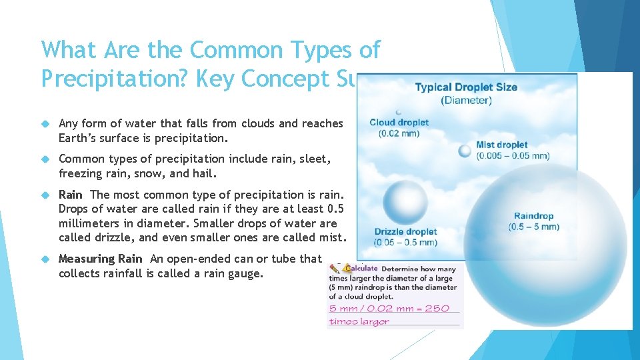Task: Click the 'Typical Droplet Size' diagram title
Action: click(x=466, y=87)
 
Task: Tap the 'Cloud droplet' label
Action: click(x=399, y=122)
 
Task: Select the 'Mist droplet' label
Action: click(x=501, y=145)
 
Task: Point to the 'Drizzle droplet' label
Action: click(x=405, y=232)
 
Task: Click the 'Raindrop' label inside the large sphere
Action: click(x=533, y=216)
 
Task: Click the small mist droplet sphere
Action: click(x=465, y=151)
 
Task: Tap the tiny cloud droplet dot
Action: click(x=398, y=112)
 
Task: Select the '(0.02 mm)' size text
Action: click(x=399, y=133)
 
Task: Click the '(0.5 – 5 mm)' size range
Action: click(x=533, y=227)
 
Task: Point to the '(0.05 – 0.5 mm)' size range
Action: click(x=405, y=242)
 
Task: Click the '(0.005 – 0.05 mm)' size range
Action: click(x=512, y=155)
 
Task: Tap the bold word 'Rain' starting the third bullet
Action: click(x=71, y=195)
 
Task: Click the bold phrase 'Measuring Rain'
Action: click(x=101, y=259)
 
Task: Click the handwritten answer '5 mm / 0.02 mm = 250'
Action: click(x=389, y=308)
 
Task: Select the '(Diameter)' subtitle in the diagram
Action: click(x=466, y=101)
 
